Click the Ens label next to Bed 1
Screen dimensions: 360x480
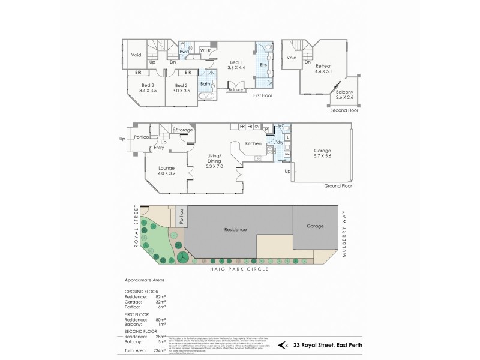[263, 64]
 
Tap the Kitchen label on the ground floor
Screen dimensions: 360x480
[253, 143]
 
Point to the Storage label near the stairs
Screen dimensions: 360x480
[185, 129]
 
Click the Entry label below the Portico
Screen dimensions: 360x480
[158, 147]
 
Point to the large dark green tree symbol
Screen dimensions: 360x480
[180, 256]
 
